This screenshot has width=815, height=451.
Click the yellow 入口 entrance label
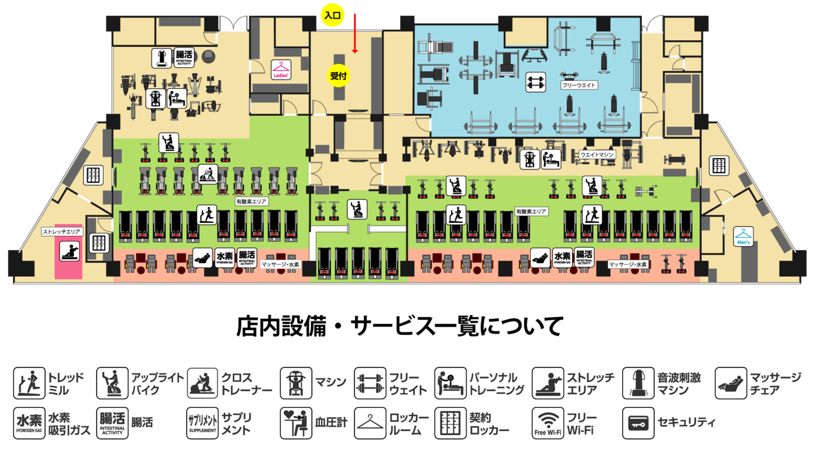click(x=332, y=16)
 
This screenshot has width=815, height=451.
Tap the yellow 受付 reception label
click(x=338, y=75)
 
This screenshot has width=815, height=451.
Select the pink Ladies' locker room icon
click(x=281, y=70)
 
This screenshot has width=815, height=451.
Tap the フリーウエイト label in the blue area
click(x=579, y=85)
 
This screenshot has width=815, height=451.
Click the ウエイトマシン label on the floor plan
click(x=597, y=154)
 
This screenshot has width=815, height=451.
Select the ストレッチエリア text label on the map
click(x=62, y=231)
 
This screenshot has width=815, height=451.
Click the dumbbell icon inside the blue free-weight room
click(x=535, y=83)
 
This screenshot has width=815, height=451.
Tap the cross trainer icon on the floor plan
click(x=208, y=173)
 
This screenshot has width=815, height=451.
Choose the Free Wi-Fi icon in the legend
click(x=547, y=423)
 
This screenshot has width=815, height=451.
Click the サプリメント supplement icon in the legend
click(x=202, y=423)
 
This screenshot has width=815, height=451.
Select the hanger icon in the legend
click(x=370, y=423)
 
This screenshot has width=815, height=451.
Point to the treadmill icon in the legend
click(x=29, y=383)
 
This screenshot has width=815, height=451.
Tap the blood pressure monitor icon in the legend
click(x=295, y=423)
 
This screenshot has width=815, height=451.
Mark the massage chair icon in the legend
click(x=731, y=383)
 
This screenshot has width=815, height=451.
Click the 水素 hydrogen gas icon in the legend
click(x=29, y=423)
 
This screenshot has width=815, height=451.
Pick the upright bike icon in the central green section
click(x=357, y=209)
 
